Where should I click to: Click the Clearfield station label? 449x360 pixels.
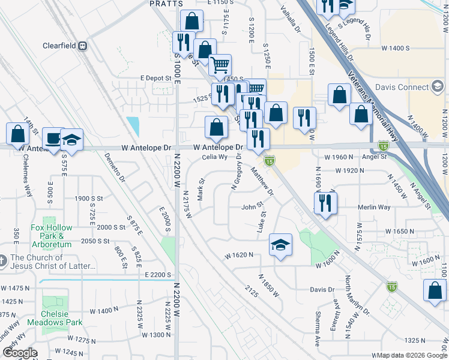tap(61, 46)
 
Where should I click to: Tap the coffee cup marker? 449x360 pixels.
tap(54, 139)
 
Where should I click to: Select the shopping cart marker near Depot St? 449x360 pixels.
tap(220, 64)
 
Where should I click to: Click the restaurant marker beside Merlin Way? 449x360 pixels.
tap(325, 202)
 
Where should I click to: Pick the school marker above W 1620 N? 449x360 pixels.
tap(280, 244)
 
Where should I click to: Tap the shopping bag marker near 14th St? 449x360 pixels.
tap(17, 133)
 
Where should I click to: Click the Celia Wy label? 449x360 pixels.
tap(214, 158)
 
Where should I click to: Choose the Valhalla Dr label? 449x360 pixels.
tap(289, 21)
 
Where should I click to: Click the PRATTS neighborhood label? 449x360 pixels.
tap(166, 4)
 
